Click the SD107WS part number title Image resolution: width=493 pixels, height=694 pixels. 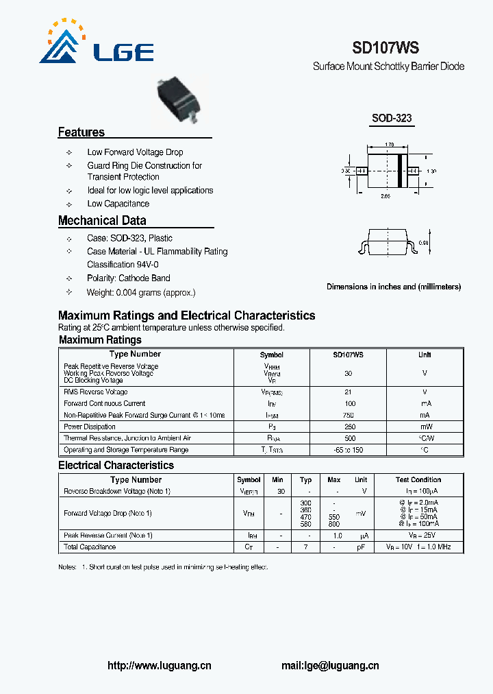coord(385,48)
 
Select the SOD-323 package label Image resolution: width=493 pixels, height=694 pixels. coord(392,118)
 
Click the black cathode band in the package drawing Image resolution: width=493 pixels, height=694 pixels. coord(399,170)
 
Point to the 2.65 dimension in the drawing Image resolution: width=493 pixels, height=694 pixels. coord(386,195)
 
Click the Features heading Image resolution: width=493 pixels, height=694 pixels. coord(81,132)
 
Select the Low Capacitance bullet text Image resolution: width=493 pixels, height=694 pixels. coord(118,204)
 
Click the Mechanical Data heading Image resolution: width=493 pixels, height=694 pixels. coord(102,221)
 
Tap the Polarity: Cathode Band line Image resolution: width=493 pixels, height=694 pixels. coord(128,278)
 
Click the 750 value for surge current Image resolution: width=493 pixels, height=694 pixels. coord(349,416)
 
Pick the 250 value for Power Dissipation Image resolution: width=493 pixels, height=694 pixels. coord(349,427)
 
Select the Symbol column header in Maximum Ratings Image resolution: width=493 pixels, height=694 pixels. coord(272,355)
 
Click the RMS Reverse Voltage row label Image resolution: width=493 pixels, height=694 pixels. coord(95,392)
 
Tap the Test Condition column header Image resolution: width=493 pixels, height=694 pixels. coord(418,480)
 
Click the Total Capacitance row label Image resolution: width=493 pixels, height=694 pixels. coord(90,547)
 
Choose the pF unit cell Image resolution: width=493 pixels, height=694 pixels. coord(361,547)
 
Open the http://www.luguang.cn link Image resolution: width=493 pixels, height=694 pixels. coord(160,666)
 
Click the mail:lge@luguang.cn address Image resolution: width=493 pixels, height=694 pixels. coord(330,666)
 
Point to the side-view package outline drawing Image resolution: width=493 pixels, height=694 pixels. coord(385,244)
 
